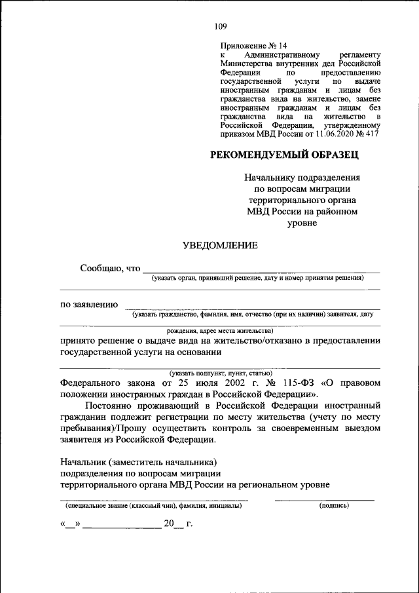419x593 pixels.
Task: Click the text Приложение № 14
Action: pyautogui.click(x=253, y=46)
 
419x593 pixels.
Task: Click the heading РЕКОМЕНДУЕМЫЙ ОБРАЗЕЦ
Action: pyautogui.click(x=284, y=155)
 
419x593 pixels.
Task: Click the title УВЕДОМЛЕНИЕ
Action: pyautogui.click(x=219, y=245)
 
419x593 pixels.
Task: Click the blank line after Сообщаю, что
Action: pyautogui.click(x=261, y=271)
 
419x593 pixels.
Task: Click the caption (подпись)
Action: pyautogui.click(x=333, y=506)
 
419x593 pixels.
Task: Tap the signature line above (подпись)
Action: pyautogui.click(x=325, y=500)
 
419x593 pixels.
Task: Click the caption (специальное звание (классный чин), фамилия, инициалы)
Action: pyautogui.click(x=153, y=506)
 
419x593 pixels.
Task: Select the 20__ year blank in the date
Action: pyautogui.click(x=173, y=524)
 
